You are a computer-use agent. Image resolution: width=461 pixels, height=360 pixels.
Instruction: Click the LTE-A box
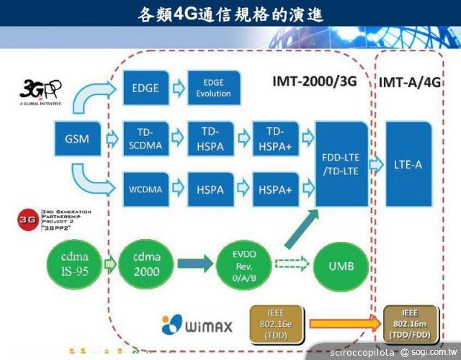pos(408,164)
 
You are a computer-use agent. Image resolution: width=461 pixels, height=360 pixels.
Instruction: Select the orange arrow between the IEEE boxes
pos(340,325)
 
